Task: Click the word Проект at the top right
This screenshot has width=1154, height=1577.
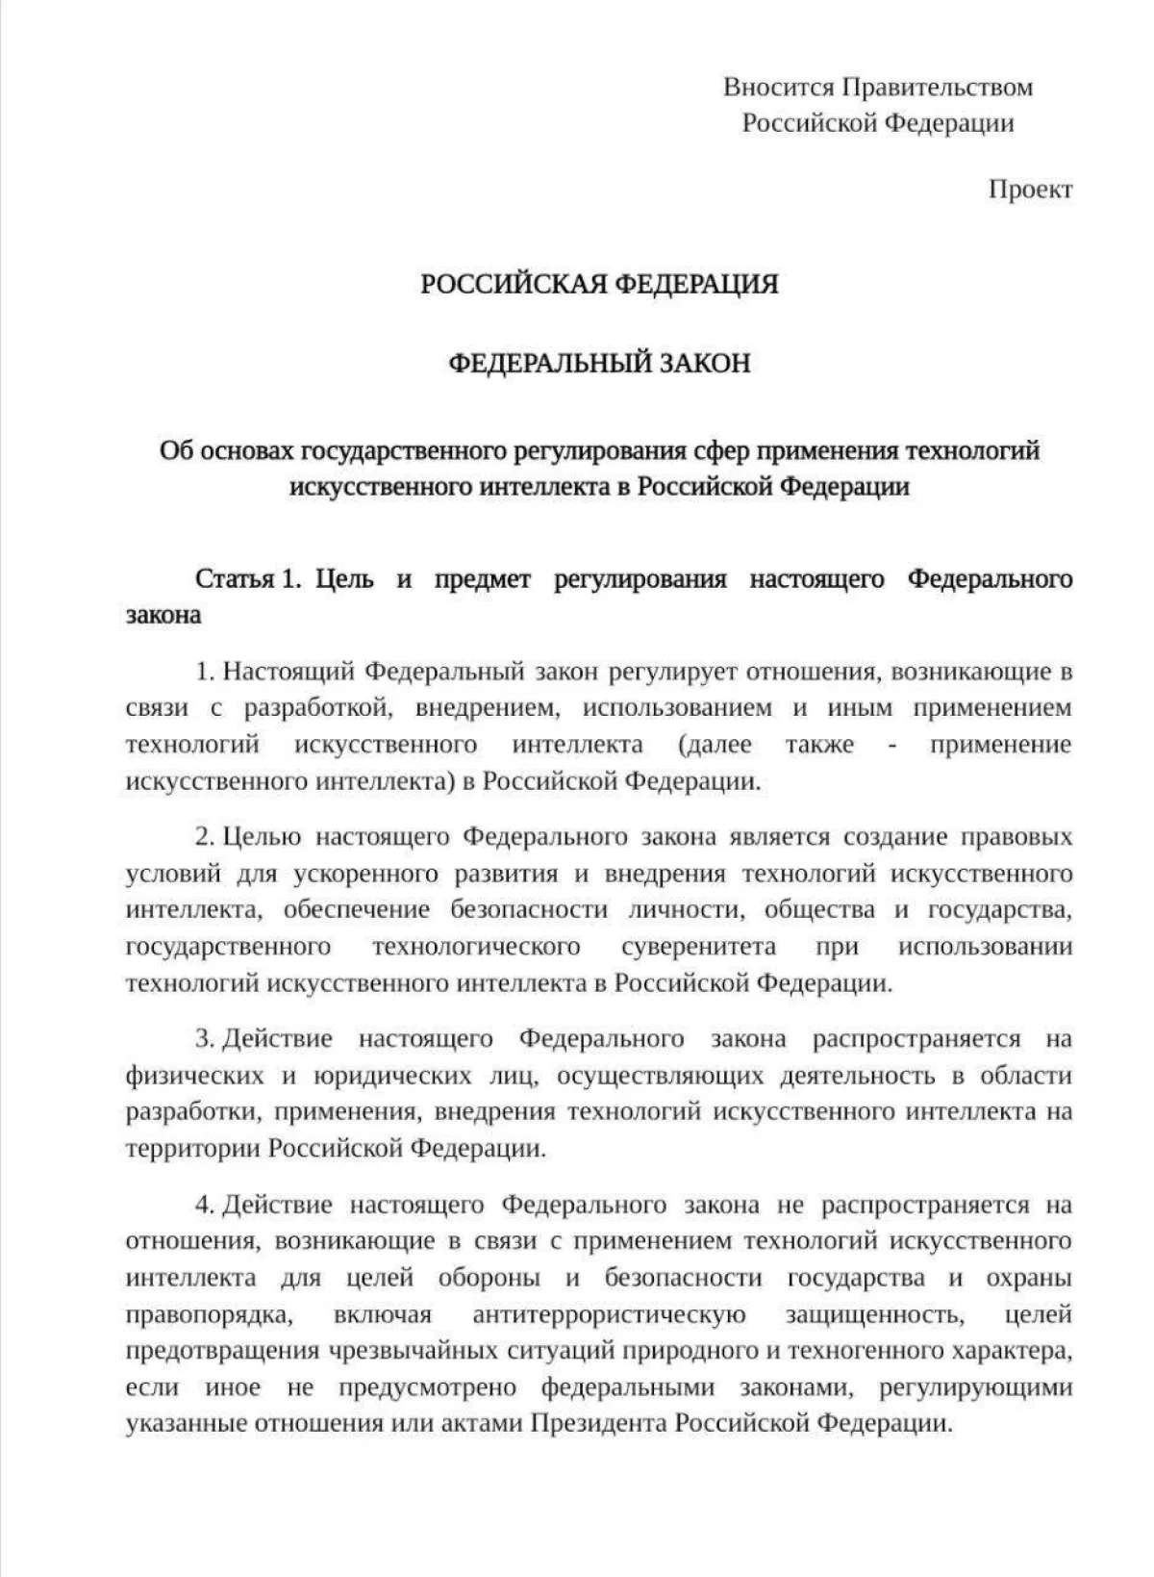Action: (x=1030, y=190)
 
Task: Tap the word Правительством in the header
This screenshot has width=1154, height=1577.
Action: (x=938, y=87)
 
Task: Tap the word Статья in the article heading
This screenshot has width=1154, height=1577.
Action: (x=234, y=579)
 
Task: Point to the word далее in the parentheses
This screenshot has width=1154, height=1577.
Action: (x=715, y=745)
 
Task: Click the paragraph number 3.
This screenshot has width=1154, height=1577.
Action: (x=203, y=1039)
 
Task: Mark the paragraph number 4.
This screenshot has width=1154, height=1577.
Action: (x=203, y=1205)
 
